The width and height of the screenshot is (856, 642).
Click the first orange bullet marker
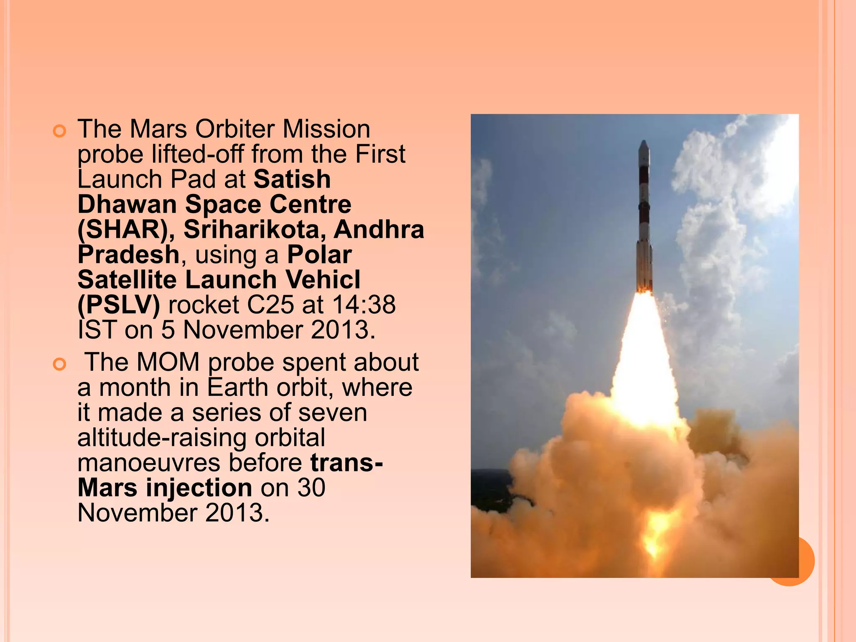60,131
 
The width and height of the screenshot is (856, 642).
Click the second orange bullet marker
60,364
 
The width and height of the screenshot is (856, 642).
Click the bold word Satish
292,179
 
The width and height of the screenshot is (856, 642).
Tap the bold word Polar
319,255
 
